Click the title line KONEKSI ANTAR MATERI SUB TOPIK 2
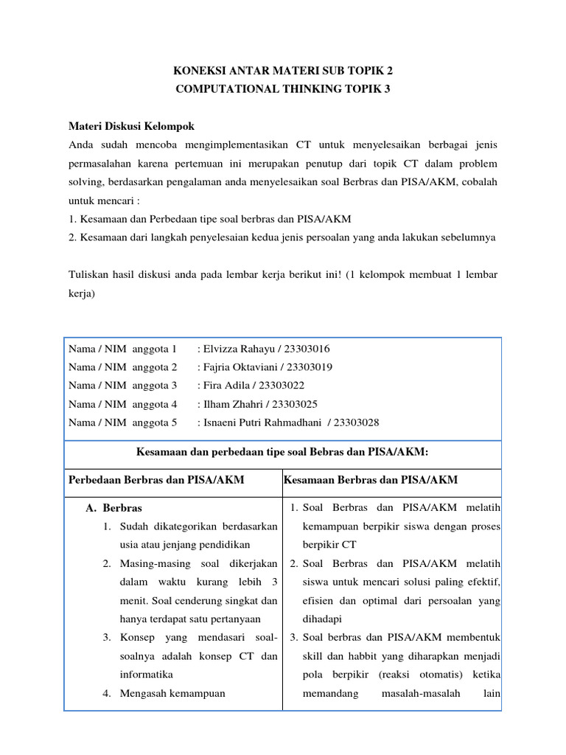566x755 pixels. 283,72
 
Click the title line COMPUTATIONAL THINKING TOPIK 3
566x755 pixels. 283,89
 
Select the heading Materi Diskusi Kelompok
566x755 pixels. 131,126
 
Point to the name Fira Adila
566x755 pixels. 226,385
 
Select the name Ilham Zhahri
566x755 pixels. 233,403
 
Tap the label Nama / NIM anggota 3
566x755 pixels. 122,385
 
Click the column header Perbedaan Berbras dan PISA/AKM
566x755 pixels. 156,480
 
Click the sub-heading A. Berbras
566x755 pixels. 114,508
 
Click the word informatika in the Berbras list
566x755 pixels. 146,674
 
